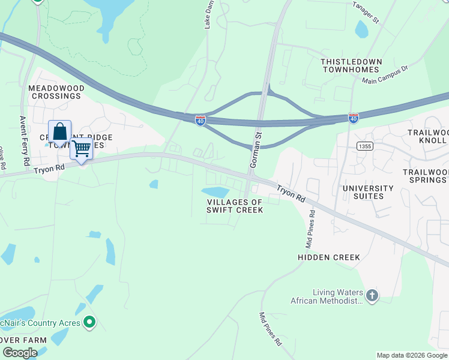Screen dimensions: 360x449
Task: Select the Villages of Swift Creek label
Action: click(x=235, y=206)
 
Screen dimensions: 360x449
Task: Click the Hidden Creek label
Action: click(x=329, y=257)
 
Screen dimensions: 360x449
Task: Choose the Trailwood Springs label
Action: click(x=425, y=175)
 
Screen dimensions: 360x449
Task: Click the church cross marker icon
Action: click(x=372, y=295)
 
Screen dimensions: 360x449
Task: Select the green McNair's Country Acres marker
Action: click(x=89, y=323)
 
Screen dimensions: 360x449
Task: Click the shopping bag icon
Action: click(x=60, y=131)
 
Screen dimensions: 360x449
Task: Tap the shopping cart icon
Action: click(x=82, y=147)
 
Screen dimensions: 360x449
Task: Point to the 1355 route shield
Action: click(x=364, y=146)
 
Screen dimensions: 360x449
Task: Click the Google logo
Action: click(x=19, y=353)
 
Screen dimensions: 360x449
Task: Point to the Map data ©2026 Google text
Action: click(x=412, y=355)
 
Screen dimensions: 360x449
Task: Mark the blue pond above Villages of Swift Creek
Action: click(x=215, y=192)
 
